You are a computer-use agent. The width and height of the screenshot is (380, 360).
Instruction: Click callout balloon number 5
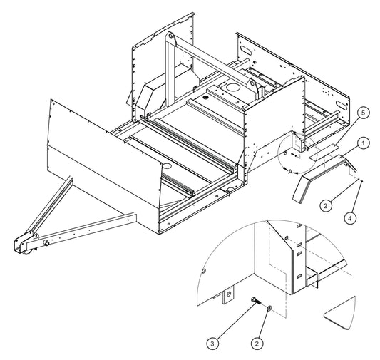pyautogui.click(x=363, y=113)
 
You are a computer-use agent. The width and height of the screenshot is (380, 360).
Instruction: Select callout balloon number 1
pyautogui.click(x=363, y=143)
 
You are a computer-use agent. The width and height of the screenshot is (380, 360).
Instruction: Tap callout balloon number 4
pyautogui.click(x=350, y=219)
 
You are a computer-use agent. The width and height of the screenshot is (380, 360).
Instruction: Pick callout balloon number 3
pyautogui.click(x=212, y=344)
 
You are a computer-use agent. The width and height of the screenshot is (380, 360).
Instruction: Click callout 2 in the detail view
pyautogui.click(x=257, y=344)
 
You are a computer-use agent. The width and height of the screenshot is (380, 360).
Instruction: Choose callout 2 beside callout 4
pyautogui.click(x=326, y=206)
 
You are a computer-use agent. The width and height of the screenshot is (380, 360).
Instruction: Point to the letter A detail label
pyautogui.click(x=290, y=172)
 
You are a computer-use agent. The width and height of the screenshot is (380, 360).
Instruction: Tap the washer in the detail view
pyautogui.click(x=269, y=308)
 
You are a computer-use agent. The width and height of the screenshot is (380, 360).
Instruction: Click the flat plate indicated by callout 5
pyautogui.click(x=324, y=152)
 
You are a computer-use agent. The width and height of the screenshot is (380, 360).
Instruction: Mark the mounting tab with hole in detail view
pyautogui.click(x=228, y=294)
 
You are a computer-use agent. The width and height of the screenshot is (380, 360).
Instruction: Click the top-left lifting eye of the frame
pyautogui.click(x=170, y=38)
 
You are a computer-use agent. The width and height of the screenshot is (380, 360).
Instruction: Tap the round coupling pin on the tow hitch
pyautogui.click(x=46, y=243)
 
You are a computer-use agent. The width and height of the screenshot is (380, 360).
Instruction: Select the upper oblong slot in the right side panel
pyautogui.click(x=247, y=51)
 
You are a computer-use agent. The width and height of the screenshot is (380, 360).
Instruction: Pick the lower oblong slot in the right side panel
pyautogui.click(x=342, y=104)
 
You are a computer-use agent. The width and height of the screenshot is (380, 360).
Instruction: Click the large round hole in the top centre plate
pyautogui.click(x=232, y=87)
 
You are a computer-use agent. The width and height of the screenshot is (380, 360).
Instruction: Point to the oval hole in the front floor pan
pyautogui.click(x=167, y=166)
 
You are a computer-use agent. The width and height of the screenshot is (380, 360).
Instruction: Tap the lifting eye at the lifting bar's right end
pyautogui.click(x=252, y=84)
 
